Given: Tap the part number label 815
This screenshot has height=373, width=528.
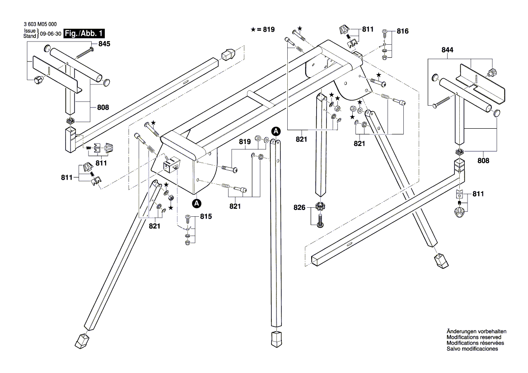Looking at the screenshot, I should click(206, 217).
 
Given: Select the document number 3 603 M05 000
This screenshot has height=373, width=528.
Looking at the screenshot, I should click(40, 26).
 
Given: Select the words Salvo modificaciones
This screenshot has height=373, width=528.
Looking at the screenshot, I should click(472, 349).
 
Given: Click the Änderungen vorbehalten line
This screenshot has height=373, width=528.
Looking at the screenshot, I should click(476, 331).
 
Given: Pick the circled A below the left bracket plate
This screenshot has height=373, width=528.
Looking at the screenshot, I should click(196, 204).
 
